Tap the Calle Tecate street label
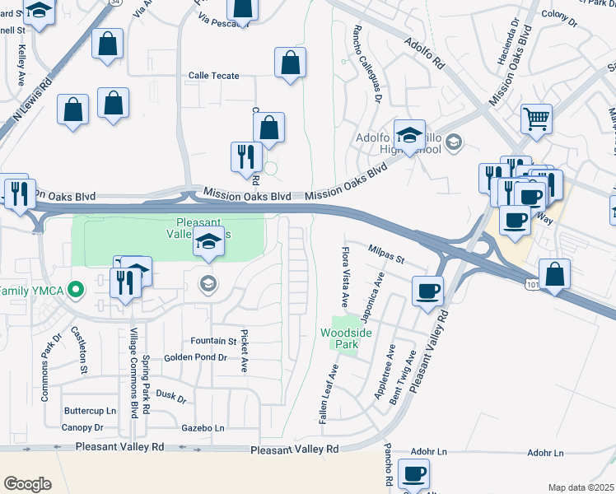click(x=213, y=76)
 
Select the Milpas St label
click(x=387, y=259)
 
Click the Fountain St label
click(x=213, y=341)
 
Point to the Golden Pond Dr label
click(x=195, y=357)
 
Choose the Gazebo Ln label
click(x=203, y=428)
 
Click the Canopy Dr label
click(x=82, y=427)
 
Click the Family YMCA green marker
click(x=77, y=290)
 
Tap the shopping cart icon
click(x=536, y=119)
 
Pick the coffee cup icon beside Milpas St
click(x=427, y=290)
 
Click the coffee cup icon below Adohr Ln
click(x=413, y=473)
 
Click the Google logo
click(x=27, y=483)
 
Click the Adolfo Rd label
click(x=423, y=50)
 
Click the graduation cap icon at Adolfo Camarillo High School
click(x=409, y=135)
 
